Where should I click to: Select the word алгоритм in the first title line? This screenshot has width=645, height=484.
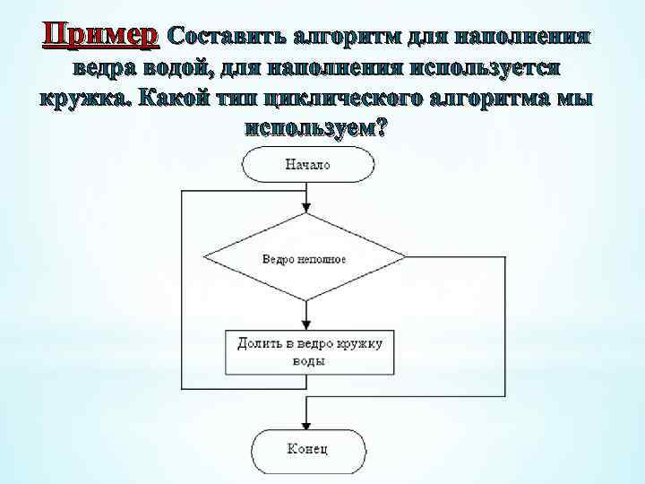346,37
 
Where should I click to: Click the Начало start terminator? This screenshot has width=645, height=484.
307,165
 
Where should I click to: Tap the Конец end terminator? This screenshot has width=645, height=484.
307,448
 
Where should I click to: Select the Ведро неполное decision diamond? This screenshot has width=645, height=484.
305,258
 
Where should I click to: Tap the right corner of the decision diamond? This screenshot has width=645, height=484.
406,258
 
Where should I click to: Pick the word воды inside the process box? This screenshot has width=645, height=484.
308,361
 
